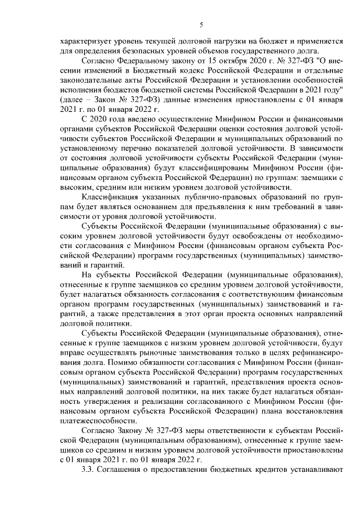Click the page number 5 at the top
(x=201, y=24)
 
